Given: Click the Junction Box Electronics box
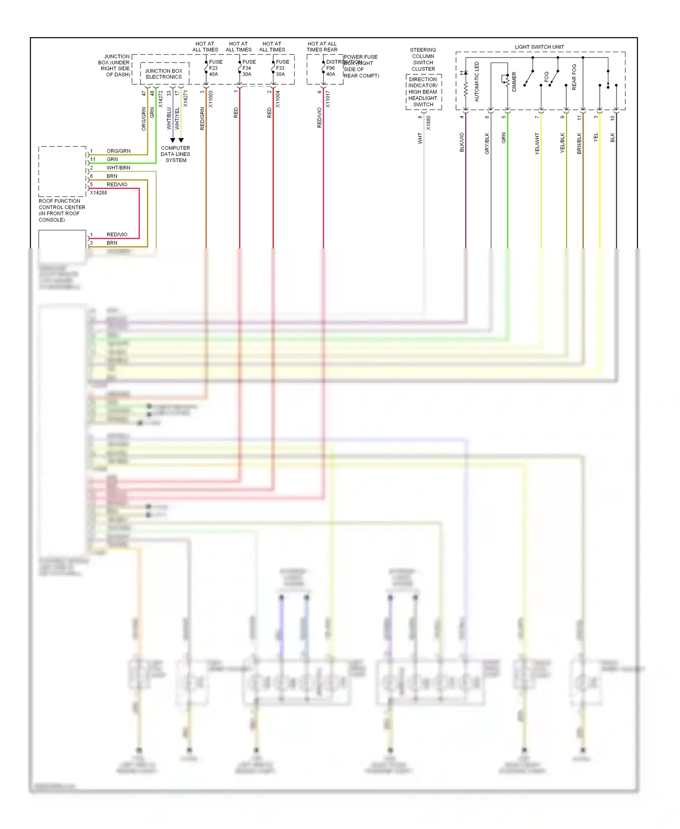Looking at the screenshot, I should pyautogui.click(x=164, y=74).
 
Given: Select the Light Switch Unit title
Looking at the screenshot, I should pyautogui.click(x=539, y=47).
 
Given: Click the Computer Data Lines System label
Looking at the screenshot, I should pyautogui.click(x=175, y=154).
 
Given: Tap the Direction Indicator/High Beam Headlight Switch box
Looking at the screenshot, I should pyautogui.click(x=423, y=92).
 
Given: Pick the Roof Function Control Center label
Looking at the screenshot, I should pyautogui.click(x=62, y=210).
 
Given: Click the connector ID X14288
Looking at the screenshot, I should pyautogui.click(x=98, y=193).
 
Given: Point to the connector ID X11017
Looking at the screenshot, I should pyautogui.click(x=328, y=99).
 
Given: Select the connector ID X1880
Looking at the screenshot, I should pyautogui.click(x=428, y=123).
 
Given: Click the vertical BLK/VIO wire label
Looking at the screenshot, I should pyautogui.click(x=462, y=142).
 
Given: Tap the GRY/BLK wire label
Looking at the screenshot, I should pyautogui.click(x=487, y=143).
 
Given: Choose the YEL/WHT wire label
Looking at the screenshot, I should pyautogui.click(x=537, y=144).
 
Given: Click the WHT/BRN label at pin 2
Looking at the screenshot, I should pyautogui.click(x=118, y=168).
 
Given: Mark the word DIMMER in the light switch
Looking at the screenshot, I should pyautogui.click(x=514, y=82).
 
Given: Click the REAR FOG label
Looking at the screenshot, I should pyautogui.click(x=574, y=77).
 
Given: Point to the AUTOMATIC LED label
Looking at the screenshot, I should pyautogui.click(x=476, y=82).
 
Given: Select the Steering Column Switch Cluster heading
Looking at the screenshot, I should pyautogui.click(x=423, y=59).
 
